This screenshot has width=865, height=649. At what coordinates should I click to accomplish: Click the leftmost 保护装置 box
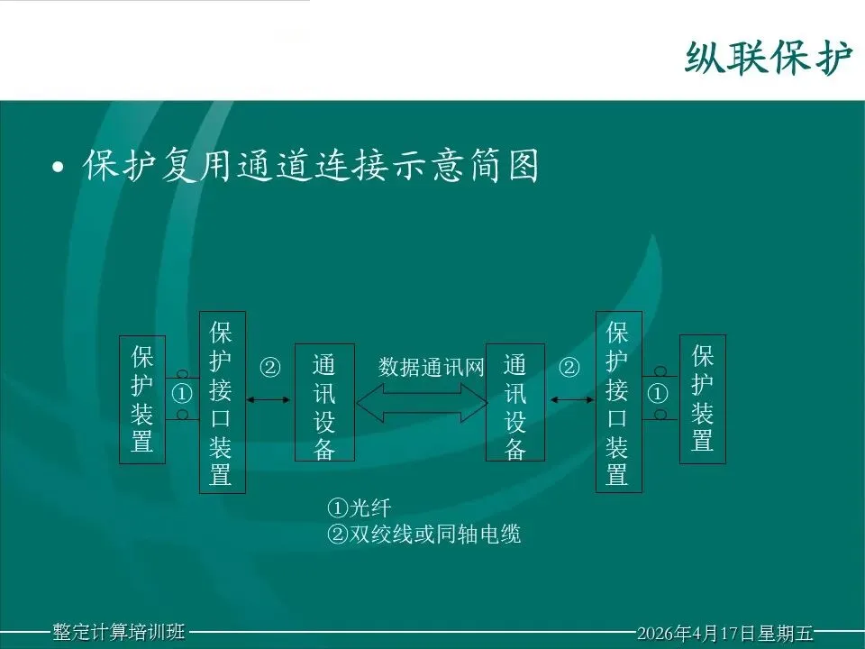tap(142, 399)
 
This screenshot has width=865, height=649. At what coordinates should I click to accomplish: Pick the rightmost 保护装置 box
tap(702, 398)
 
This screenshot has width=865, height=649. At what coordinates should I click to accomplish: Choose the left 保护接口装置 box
tap(223, 402)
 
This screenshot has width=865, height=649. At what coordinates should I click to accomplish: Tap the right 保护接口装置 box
tap(619, 402)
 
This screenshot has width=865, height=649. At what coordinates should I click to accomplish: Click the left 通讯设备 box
tap(324, 402)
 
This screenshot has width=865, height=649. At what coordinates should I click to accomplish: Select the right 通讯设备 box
tap(515, 402)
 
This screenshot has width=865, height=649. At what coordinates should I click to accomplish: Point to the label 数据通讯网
tap(431, 367)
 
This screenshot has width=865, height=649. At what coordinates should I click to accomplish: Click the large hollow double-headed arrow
tap(422, 403)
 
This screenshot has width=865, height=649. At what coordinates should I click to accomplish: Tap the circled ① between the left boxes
tap(182, 394)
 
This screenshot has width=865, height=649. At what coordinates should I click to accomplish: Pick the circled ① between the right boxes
tap(657, 394)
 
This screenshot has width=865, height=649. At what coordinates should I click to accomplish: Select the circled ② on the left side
tap(269, 367)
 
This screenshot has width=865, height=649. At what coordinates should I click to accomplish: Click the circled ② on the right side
tap(569, 367)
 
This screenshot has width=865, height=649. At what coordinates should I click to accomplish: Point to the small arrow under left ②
tap(269, 399)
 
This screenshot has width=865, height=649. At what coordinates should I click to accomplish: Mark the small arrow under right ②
tap(571, 399)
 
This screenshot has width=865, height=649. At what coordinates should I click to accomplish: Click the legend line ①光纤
tap(360, 507)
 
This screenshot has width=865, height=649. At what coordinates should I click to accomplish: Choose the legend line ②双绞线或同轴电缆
tap(423, 534)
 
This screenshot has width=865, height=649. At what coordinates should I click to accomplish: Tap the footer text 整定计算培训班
tap(119, 631)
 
